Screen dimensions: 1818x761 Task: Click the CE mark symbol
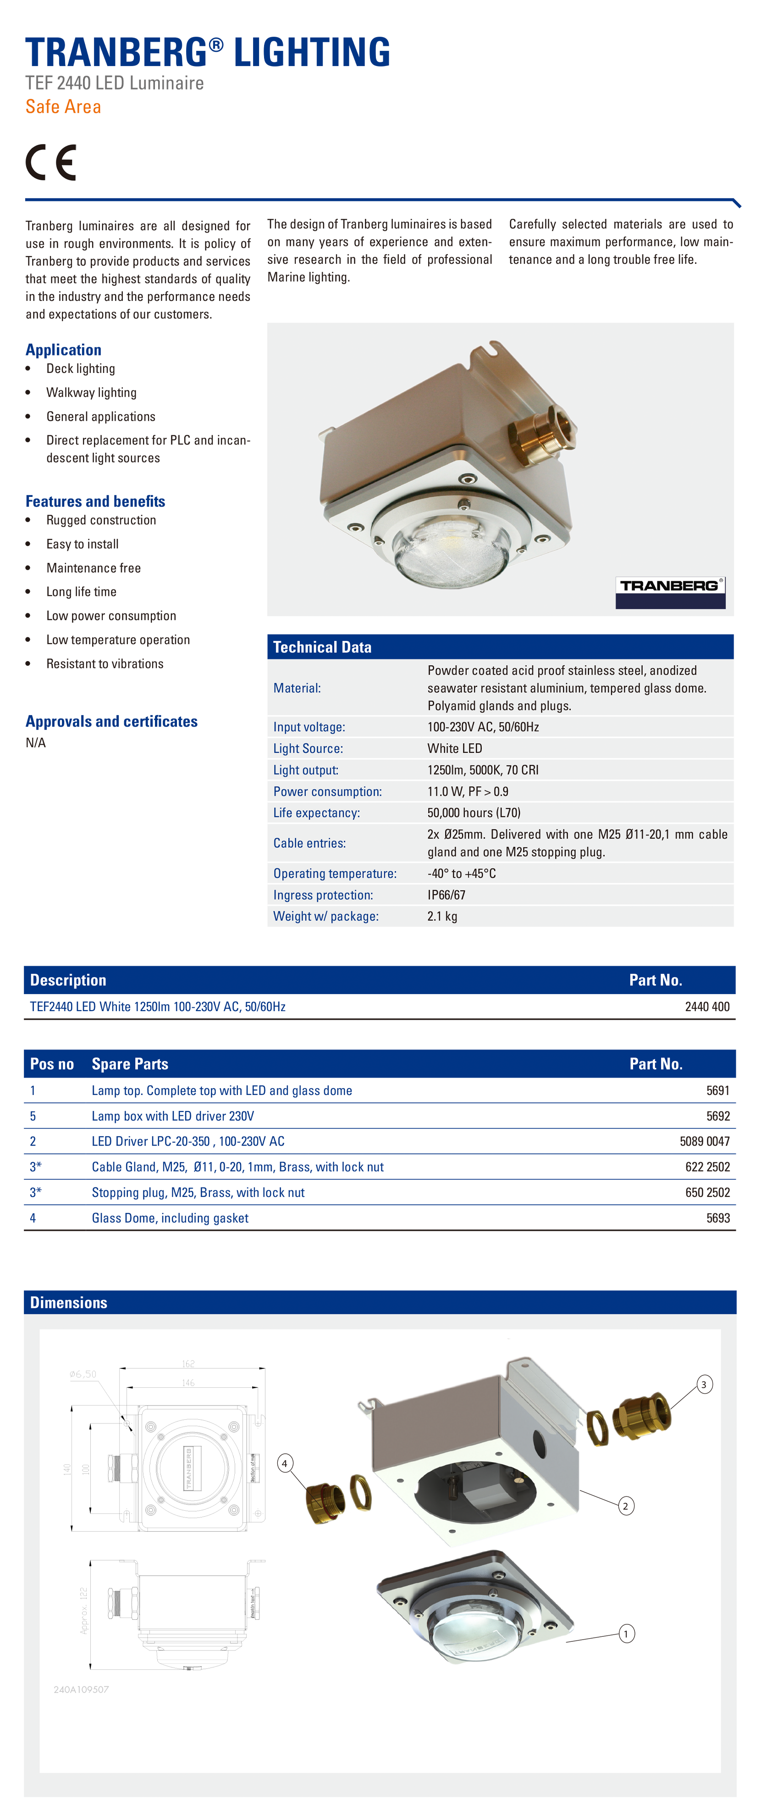51,162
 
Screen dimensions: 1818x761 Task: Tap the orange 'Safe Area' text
63,106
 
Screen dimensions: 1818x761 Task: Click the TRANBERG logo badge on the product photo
670,591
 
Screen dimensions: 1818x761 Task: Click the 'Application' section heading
63,350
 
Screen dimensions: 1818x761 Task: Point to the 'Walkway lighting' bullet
92,392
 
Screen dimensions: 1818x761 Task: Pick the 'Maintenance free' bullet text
94,568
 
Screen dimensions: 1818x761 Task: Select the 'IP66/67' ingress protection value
447,895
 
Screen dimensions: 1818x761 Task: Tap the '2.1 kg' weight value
442,916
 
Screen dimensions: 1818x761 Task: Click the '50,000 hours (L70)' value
474,812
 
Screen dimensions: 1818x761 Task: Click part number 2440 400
707,1006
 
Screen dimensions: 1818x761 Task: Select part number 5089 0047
705,1141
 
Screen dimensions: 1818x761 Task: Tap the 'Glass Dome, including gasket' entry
170,1218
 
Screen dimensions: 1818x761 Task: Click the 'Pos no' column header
51,1063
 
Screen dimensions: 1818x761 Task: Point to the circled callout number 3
703,1384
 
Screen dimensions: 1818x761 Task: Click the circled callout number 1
626,1633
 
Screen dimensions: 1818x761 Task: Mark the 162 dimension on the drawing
188,1363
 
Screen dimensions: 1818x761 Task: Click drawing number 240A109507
81,1690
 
